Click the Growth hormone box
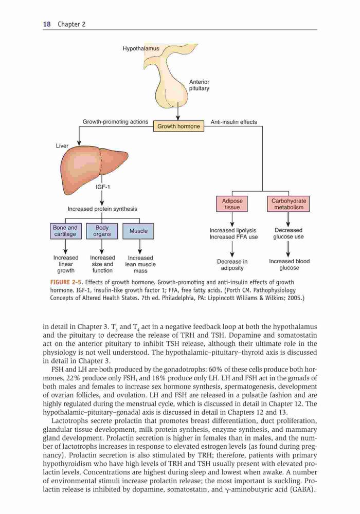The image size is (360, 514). coord(178,126)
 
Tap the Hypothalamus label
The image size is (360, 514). coord(140,48)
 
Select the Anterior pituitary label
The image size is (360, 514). coord(199,85)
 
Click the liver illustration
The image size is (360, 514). coord(94,169)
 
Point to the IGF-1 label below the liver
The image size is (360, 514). coord(103,187)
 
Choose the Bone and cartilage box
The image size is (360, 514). coord(66,231)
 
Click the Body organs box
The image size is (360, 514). coord(102,231)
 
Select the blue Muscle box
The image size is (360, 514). coord(138,231)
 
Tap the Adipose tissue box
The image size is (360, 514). coord(232,204)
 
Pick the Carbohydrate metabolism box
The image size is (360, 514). coord(289,204)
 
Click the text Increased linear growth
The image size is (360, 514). coord(66,264)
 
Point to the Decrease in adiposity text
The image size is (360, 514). coord(232,265)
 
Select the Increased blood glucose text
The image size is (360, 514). coord(289,265)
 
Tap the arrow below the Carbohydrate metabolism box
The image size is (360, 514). coord(288,219)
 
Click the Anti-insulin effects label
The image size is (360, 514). coord(234,122)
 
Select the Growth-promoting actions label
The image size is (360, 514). coord(115,122)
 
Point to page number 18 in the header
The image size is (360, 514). coord(47,24)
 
